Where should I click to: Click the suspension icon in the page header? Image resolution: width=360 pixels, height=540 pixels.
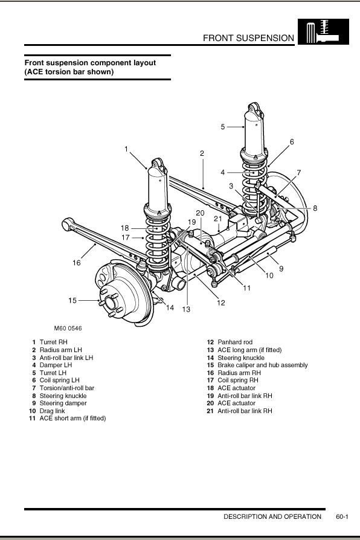pos(323,31)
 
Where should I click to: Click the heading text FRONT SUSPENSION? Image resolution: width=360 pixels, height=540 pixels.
pos(248,38)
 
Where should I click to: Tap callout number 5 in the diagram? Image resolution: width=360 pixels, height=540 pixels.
pos(222,127)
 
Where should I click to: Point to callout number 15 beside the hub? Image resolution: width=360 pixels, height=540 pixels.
pos(72,300)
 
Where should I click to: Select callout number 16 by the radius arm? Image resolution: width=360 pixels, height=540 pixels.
pos(76,263)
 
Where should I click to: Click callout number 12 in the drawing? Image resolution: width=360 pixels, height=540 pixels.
pos(221,303)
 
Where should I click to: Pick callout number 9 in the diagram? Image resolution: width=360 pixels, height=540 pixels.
pos(281,269)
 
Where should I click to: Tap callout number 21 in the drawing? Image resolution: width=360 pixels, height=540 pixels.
pos(217,218)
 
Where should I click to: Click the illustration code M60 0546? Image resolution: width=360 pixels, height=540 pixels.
pos(68,328)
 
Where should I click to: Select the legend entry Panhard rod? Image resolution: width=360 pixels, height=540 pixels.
pos(235,342)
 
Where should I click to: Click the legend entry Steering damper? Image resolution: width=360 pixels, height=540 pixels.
pos(63,403)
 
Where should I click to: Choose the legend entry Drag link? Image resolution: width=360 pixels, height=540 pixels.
pos(52,411)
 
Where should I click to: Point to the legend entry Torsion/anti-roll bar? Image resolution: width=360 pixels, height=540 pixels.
pos(67,388)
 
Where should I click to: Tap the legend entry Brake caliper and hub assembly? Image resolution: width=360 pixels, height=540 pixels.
pos(263,365)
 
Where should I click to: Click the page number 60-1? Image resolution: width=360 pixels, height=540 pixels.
pos(342,516)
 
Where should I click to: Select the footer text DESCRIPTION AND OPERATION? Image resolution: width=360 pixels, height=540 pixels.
pos(272,516)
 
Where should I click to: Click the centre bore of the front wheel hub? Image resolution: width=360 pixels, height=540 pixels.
pos(111,303)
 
